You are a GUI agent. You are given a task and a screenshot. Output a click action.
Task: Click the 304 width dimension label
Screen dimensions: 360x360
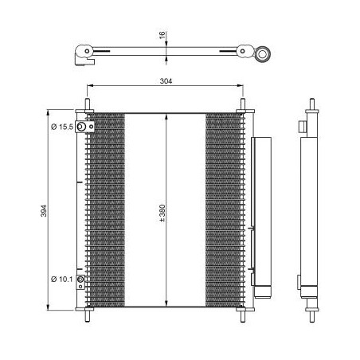coord(166,81)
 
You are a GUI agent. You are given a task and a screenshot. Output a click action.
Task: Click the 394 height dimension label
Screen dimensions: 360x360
coord(44,211)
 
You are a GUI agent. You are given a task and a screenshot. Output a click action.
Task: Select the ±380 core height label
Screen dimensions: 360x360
coord(162,213)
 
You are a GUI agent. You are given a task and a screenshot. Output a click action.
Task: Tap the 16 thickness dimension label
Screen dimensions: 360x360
coord(162,35)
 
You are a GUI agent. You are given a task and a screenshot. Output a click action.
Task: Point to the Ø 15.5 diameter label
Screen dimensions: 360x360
coord(62,127)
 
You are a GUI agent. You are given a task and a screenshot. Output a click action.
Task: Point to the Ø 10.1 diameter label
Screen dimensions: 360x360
coord(62,279)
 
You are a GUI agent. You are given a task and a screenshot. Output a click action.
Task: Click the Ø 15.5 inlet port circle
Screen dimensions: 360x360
coord(81,127)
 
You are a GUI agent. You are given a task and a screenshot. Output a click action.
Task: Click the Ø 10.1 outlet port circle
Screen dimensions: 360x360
coord(80,280)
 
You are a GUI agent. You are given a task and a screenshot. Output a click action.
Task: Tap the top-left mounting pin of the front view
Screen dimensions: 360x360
coord(88,104)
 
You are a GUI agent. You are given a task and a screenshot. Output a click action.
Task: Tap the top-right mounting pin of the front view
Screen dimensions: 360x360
coord(243,104)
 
